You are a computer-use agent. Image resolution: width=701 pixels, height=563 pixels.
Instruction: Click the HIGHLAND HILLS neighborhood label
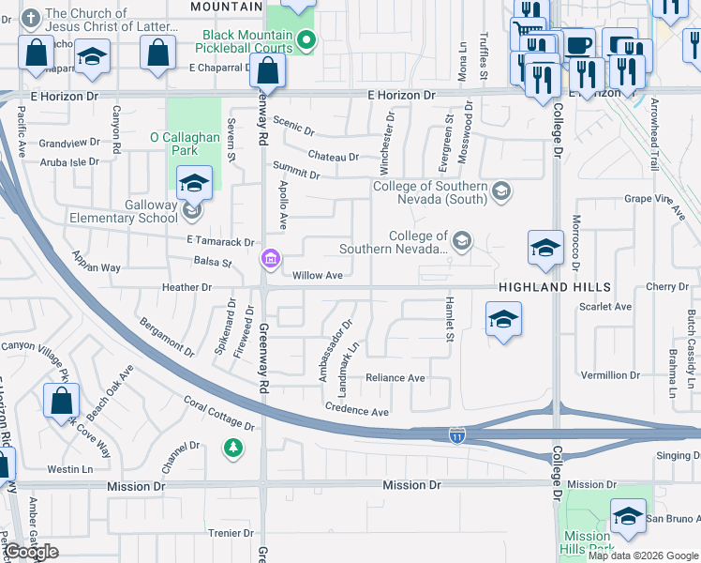[x=555, y=287]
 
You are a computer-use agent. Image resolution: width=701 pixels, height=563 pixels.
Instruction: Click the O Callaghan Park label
[x=186, y=144]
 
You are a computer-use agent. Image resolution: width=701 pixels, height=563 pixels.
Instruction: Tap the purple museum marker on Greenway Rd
[x=270, y=259]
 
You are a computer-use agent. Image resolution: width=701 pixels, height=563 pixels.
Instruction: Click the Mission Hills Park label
[x=588, y=543]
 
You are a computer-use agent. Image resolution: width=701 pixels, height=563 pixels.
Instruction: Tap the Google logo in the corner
[x=31, y=552]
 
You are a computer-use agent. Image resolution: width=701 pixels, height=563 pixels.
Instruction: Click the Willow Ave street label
[x=316, y=276]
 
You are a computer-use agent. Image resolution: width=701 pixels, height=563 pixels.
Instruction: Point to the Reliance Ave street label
[x=395, y=378]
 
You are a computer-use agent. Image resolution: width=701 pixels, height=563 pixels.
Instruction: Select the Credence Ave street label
[x=356, y=411]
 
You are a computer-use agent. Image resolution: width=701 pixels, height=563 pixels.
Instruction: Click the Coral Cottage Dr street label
[x=218, y=414]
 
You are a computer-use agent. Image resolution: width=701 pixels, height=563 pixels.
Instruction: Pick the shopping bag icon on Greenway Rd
[x=268, y=70]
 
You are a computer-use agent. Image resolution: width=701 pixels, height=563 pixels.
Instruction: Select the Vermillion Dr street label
[x=610, y=375]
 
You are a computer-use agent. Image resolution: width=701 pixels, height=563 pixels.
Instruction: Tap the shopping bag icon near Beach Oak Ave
[x=61, y=401]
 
